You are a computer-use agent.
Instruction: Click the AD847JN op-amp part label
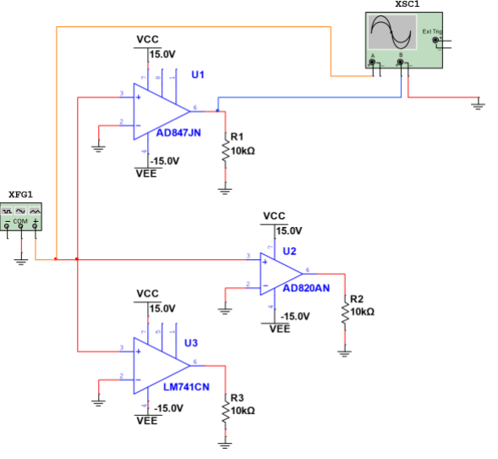coord(178,133)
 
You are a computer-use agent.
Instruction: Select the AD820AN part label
coord(306,288)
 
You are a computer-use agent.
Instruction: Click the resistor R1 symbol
coord(225,151)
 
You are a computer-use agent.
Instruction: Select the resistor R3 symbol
coord(225,411)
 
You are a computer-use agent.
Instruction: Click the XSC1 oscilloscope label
coord(407,5)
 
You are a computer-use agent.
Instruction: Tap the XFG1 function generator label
coord(21,195)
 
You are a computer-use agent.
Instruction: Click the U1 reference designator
coord(197,75)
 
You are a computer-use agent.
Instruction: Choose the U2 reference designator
coord(290,252)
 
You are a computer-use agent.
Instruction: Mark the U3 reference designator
coord(191,343)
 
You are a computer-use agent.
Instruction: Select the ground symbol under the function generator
coord(21,262)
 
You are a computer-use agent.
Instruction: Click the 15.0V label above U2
coord(290,230)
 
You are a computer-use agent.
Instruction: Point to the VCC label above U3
coord(147,294)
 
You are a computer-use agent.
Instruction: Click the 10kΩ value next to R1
coord(243,151)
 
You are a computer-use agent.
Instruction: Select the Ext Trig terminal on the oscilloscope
coord(436,40)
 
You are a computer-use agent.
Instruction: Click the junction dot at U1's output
coord(217,110)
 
